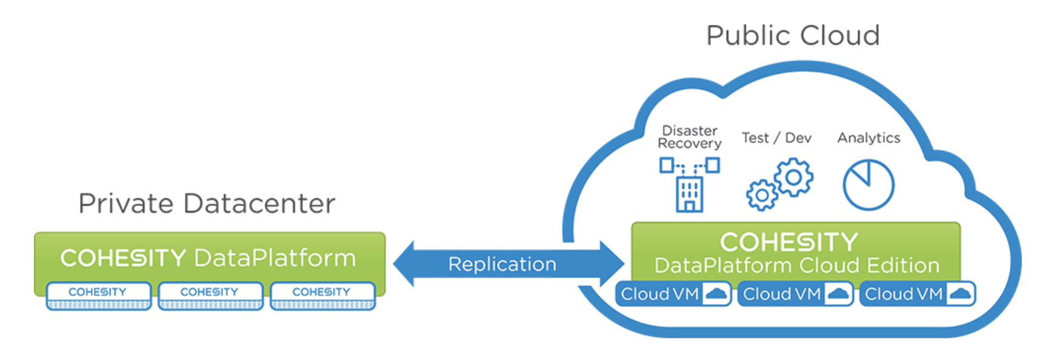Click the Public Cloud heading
click(793, 35)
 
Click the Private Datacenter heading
click(207, 204)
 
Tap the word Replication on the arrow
click(502, 264)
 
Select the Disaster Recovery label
click(690, 137)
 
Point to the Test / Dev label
click(776, 138)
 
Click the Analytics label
click(868, 138)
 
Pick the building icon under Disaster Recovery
click(689, 194)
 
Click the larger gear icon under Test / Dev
click(793, 177)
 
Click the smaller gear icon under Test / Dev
click(762, 195)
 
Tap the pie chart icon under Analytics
click(868, 185)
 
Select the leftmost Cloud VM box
click(673, 294)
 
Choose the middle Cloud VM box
click(795, 294)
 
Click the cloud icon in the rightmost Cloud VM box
click(961, 294)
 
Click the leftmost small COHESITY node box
click(98, 295)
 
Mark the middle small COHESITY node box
click(210, 295)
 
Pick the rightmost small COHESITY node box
click(322, 295)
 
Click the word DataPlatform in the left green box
click(275, 258)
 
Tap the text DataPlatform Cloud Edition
click(796, 265)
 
